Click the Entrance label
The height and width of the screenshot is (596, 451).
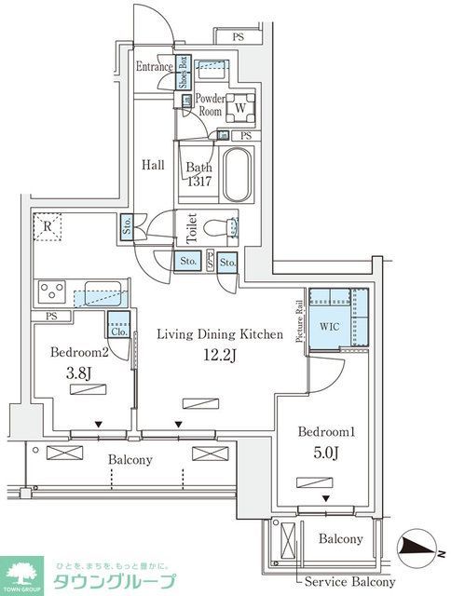[154, 67]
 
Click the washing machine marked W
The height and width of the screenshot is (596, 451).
[239, 107]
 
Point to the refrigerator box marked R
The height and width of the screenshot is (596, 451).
[45, 225]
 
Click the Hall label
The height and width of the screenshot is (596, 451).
[153, 165]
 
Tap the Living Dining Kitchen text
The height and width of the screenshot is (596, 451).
[218, 333]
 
